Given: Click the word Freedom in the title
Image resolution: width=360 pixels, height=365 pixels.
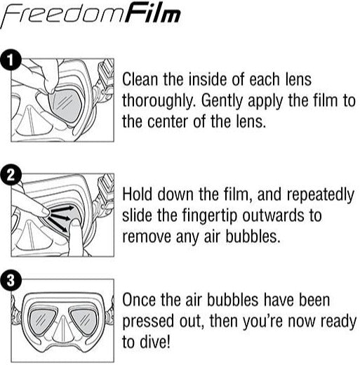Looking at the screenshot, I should click(x=65, y=15).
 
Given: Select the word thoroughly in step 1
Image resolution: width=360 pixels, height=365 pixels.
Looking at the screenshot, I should click(x=156, y=100).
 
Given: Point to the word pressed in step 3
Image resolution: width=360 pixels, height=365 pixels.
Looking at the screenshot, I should click(x=147, y=322).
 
